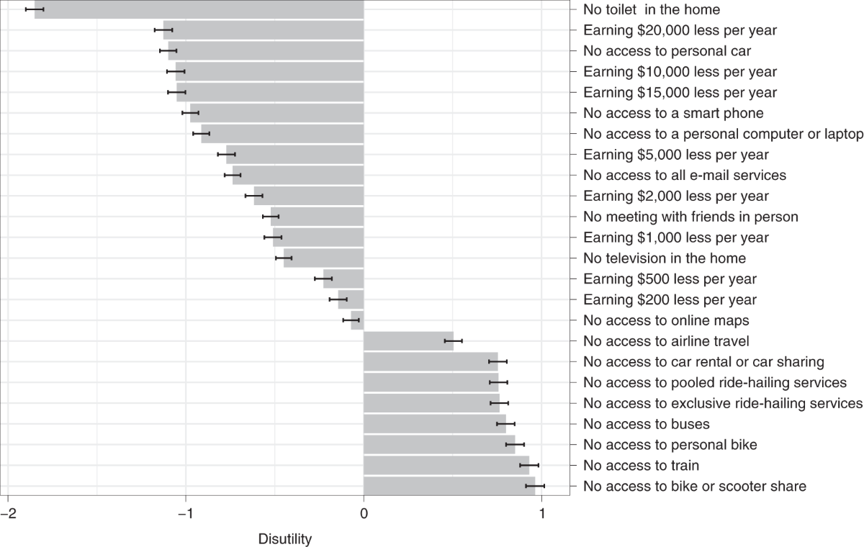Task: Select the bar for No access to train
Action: click(x=446, y=465)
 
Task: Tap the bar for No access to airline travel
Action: click(x=408, y=340)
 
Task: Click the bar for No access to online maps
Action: click(x=357, y=320)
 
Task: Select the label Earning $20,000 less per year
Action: click(x=680, y=30)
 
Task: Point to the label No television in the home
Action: click(x=665, y=258)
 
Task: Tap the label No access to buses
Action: click(x=647, y=424)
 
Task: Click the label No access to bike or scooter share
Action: click(x=695, y=487)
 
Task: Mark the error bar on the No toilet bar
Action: click(x=35, y=9)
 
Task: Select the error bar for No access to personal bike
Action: click(x=516, y=444)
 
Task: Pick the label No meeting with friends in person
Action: click(x=690, y=217)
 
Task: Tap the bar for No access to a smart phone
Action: click(x=277, y=113)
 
